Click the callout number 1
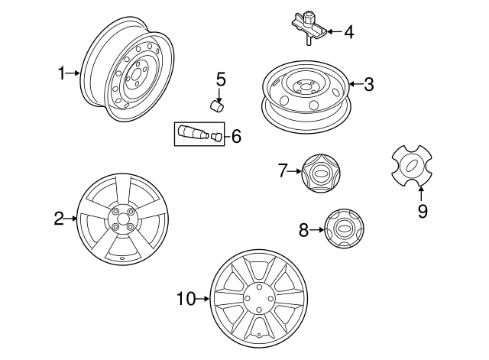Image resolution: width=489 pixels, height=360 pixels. coord(62,73)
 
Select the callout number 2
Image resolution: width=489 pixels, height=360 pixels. coord(59,219)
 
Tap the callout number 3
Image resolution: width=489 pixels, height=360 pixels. coord(368,84)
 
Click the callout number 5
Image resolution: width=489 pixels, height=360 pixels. coord(221,78)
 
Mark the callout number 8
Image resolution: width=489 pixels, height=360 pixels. coord(304,229)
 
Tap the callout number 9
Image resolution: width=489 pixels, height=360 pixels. coord(422,211)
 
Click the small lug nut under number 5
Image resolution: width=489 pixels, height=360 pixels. coord(217,105)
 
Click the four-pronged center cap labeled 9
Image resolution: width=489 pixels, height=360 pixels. coord(411,167)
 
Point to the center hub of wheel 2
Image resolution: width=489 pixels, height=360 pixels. coord(122,218)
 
